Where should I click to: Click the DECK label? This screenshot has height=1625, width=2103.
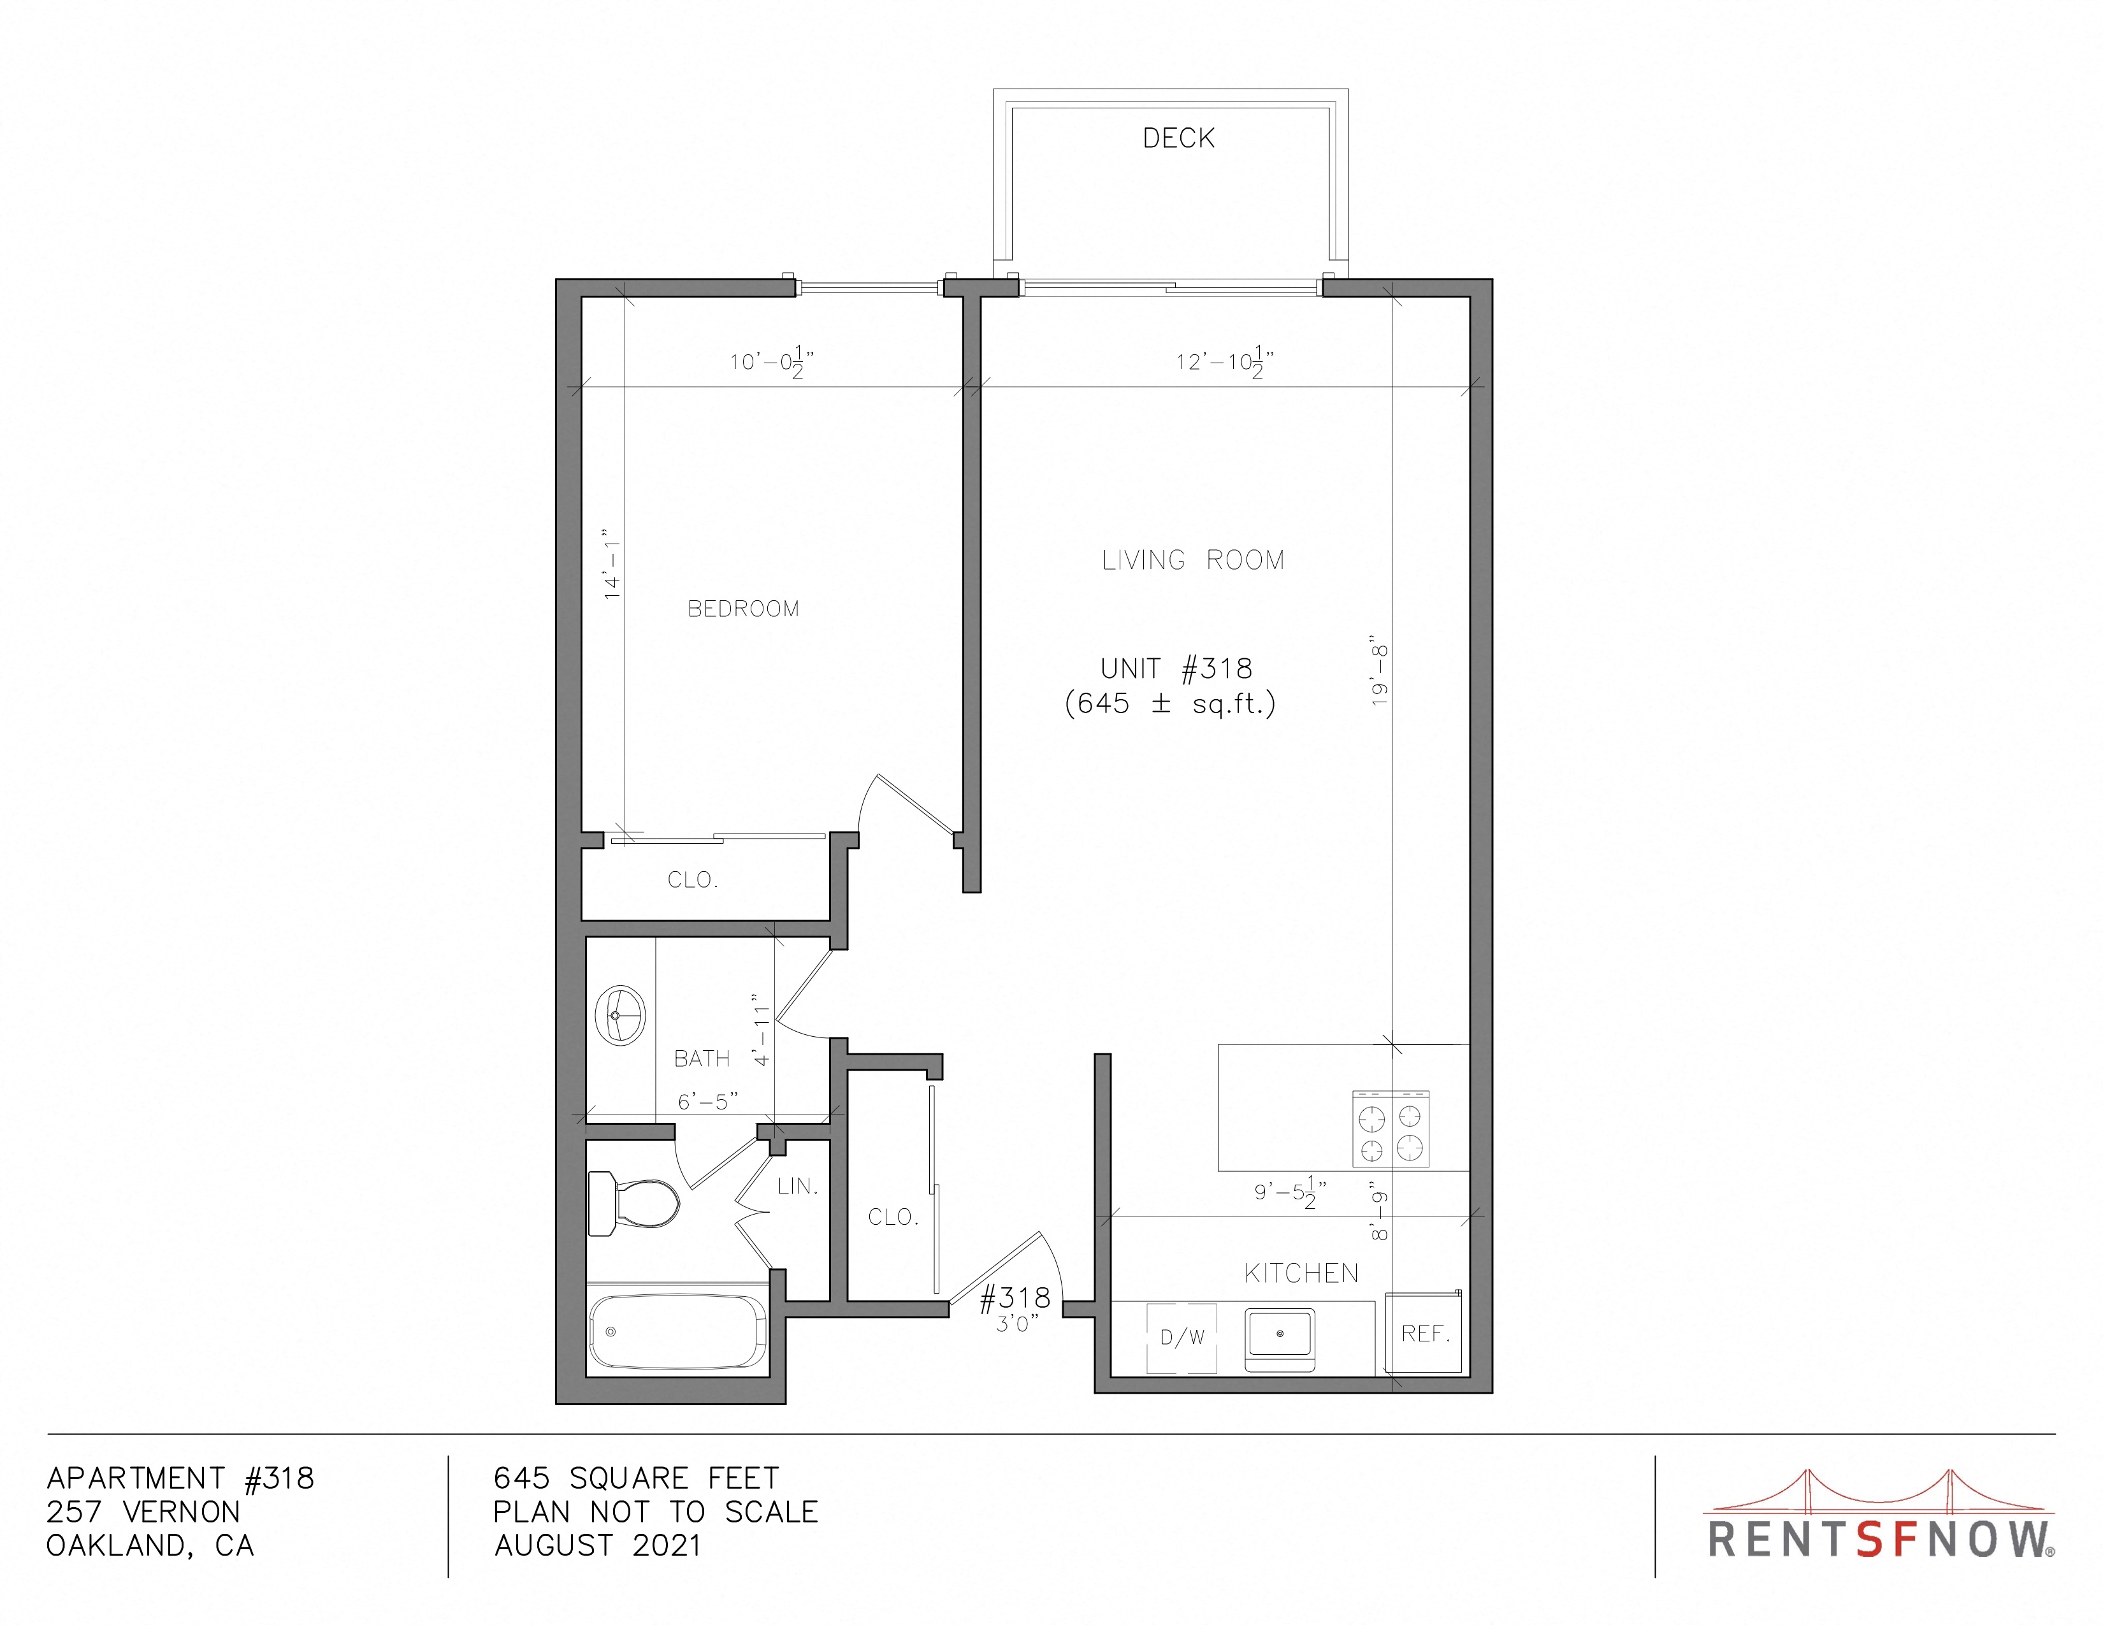(x=1178, y=139)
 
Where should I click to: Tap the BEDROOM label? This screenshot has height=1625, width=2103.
(x=743, y=609)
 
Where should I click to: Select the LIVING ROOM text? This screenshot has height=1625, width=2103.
(x=1193, y=560)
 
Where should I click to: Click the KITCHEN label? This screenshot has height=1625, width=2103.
(x=1301, y=1274)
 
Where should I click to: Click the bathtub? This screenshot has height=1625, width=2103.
(x=679, y=1331)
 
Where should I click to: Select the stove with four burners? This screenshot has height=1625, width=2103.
(x=1391, y=1128)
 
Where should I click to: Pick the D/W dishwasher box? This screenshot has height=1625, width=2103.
(x=1182, y=1337)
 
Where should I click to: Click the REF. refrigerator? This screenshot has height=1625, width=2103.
(x=1424, y=1332)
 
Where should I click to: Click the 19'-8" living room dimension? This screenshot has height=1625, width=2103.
(x=1379, y=675)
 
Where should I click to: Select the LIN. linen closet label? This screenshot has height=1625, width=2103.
(x=797, y=1186)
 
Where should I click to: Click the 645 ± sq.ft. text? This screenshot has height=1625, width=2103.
(x=1170, y=704)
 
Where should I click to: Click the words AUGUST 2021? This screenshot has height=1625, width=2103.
(x=597, y=1545)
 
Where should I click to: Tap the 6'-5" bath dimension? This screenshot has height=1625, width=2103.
(x=708, y=1101)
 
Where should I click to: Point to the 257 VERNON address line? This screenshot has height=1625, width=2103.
(x=143, y=1512)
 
